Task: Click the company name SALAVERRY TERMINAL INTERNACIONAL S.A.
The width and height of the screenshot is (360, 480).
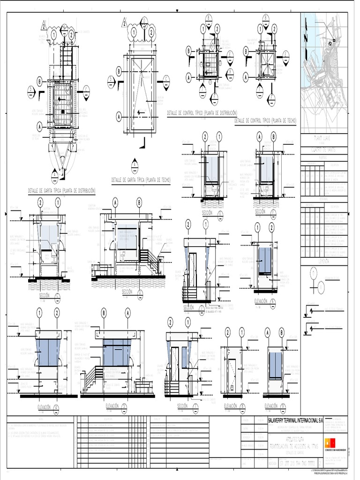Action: pos(295,420)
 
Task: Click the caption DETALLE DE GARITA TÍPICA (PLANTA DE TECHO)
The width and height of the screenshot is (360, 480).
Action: pos(141,180)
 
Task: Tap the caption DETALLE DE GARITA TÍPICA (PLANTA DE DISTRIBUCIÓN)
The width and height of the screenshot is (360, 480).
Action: pos(62,191)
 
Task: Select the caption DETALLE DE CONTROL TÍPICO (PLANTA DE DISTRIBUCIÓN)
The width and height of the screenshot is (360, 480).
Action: pos(202,113)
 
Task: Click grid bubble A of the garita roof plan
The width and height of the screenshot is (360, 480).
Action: pos(119,115)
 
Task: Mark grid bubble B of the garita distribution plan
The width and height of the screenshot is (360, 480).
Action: pos(40,82)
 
